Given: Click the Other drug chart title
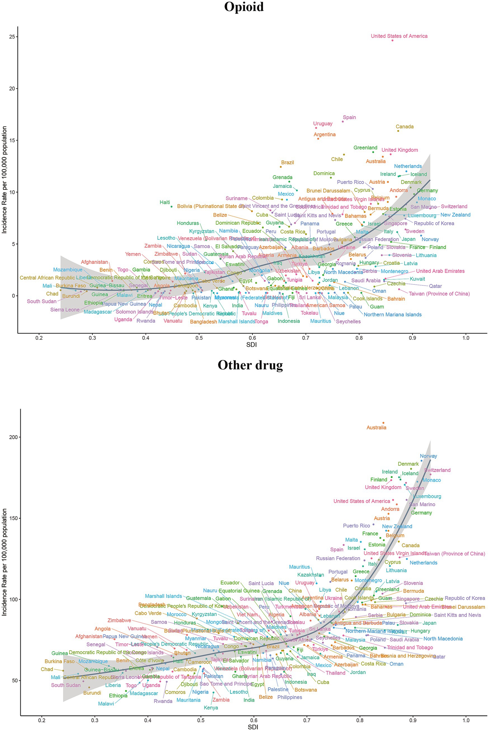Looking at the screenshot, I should [x=250, y=365].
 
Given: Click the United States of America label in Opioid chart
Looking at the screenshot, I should [x=399, y=36].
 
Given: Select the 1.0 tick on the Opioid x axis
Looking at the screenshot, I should [x=466, y=338].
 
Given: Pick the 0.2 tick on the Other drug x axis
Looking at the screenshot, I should [x=41, y=720].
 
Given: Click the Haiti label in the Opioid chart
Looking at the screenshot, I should [x=165, y=202].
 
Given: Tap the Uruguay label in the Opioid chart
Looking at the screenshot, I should [x=323, y=123].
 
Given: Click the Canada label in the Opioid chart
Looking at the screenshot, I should [x=405, y=127].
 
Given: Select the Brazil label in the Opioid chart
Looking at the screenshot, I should [x=287, y=162].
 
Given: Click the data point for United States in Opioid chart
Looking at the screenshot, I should [x=392, y=40].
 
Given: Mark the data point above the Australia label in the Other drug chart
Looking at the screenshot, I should [x=383, y=423].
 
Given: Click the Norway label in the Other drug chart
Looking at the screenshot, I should [x=428, y=456].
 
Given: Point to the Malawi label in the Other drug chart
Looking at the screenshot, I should [x=106, y=704].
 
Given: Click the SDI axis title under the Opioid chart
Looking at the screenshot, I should [x=251, y=345].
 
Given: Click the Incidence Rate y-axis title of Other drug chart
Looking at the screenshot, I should [x=4, y=562].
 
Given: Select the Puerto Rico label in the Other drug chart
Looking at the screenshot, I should [x=356, y=525].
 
